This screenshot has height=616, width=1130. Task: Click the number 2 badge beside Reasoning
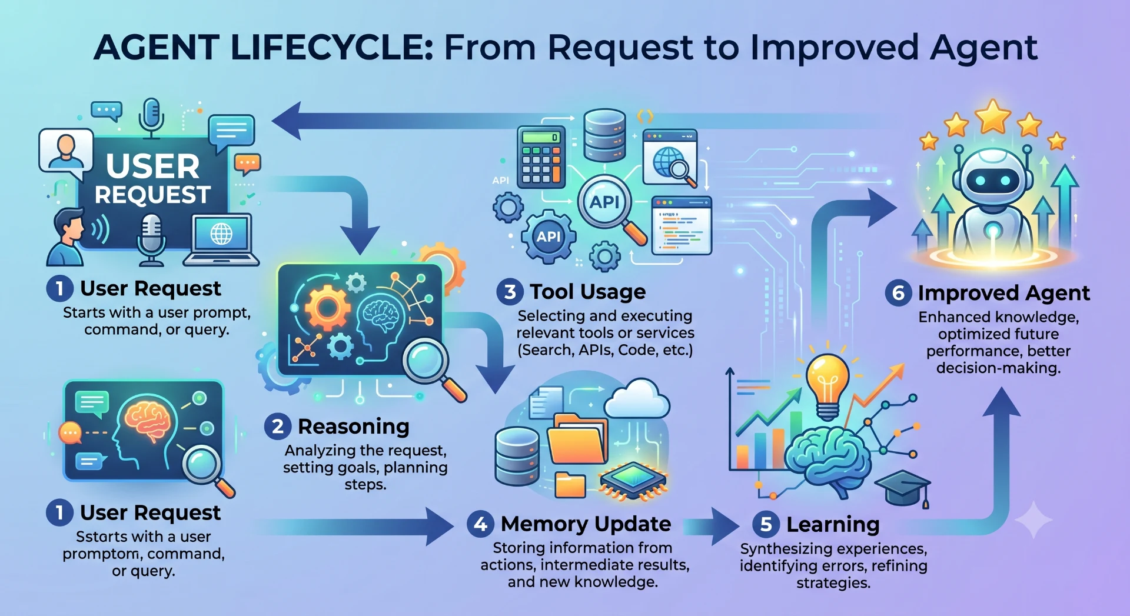[x=278, y=426]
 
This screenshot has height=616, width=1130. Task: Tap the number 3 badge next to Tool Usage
[x=510, y=292]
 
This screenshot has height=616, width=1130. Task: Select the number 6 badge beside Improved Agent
[x=898, y=292]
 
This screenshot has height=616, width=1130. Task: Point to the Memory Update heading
[x=586, y=524]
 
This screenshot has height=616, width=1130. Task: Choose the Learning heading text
[x=833, y=524]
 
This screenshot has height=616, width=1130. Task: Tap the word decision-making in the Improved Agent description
[x=998, y=368]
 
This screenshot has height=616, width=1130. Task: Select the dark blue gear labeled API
[x=549, y=236]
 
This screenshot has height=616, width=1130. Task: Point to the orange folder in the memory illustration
[x=577, y=441]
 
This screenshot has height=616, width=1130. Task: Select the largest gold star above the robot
[x=993, y=116]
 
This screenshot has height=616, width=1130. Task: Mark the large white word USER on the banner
[x=153, y=167]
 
